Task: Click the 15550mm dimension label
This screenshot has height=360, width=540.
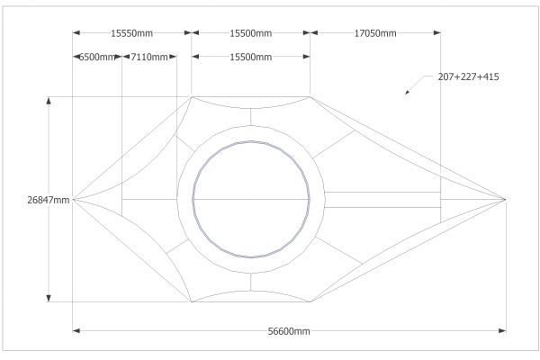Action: [131, 33]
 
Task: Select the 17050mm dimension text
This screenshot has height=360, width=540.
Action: [375, 33]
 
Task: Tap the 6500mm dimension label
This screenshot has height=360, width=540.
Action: [97, 57]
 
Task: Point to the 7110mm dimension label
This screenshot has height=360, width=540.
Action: [149, 57]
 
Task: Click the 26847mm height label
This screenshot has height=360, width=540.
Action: [49, 200]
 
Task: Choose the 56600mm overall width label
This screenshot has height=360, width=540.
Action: [289, 331]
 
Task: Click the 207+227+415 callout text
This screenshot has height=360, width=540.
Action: [468, 76]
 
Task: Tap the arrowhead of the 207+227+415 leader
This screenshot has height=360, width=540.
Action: [407, 93]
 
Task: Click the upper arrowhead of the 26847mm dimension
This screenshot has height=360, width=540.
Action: [49, 100]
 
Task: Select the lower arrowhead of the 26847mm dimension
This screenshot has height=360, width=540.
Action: [49, 298]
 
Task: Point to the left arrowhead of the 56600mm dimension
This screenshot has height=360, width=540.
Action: [76, 330]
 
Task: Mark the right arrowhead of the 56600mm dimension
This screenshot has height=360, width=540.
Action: [502, 330]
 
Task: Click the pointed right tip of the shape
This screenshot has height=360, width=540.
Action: [506, 199]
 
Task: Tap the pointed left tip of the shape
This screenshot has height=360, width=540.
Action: [73, 199]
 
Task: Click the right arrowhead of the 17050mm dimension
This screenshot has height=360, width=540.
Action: [437, 32]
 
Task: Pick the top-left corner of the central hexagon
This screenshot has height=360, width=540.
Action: [192, 97]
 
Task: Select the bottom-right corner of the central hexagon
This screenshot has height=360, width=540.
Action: [310, 302]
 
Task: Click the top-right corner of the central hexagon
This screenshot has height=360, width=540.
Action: [310, 97]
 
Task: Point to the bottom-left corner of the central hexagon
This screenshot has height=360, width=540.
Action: [192, 302]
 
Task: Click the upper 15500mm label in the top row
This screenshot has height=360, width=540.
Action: [251, 33]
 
